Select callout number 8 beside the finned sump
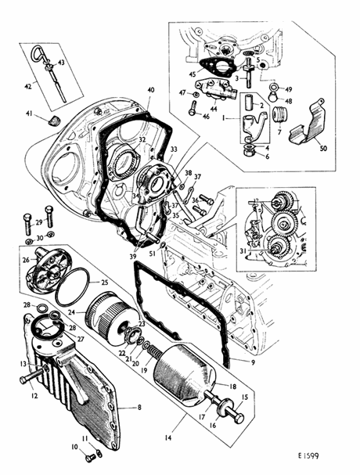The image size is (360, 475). pos(139,408)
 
